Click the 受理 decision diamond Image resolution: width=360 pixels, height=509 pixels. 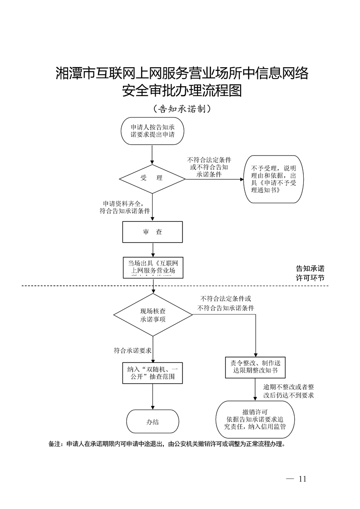coord(152,178)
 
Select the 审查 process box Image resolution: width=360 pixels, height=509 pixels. coord(152,232)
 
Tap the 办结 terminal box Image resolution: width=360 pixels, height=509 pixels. coord(152,421)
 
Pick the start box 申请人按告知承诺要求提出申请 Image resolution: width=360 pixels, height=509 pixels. coord(152,131)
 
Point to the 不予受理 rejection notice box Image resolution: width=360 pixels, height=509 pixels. coord(274,180)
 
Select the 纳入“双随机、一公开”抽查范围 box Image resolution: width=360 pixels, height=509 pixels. coord(152,372)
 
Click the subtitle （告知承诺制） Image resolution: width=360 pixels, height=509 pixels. coord(180,109)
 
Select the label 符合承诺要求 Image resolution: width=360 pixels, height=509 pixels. coord(133,350)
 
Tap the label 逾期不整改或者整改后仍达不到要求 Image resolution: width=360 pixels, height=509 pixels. coord(289,391)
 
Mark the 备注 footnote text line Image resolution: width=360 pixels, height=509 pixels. coord(168,444)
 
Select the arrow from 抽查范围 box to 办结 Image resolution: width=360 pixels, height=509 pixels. coord(152,396)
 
